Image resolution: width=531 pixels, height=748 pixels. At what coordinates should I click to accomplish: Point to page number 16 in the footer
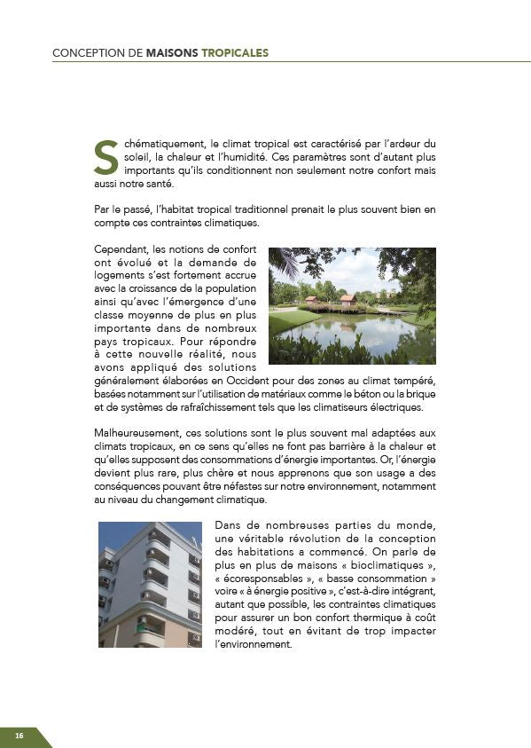click(19, 736)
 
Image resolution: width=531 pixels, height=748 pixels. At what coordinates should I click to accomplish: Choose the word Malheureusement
click(135, 432)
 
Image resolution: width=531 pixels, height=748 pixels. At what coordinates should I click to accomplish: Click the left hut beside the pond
click(313, 300)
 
